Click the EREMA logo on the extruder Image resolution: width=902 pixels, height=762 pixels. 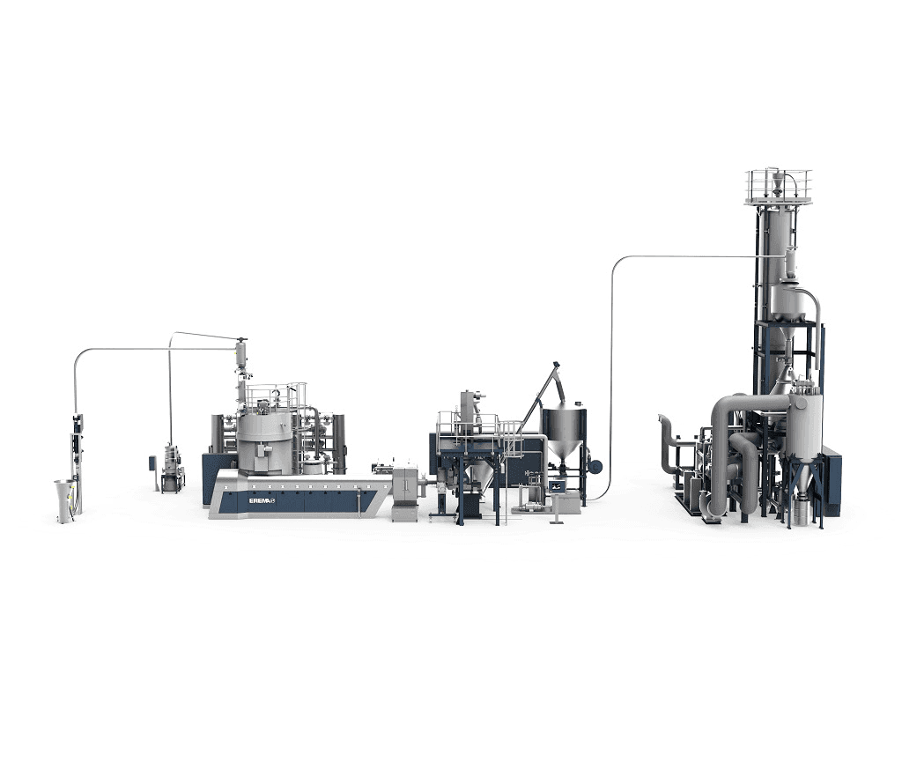[262, 500]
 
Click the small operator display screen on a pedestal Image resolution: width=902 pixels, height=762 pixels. [557, 486]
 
